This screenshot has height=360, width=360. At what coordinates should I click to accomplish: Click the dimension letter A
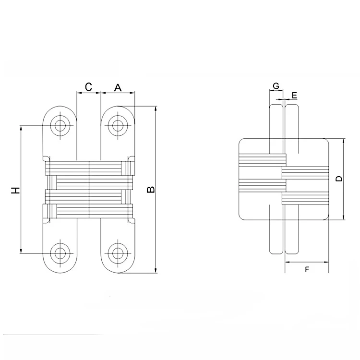click(x=118, y=87)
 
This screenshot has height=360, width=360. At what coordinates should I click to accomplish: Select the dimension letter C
click(x=88, y=87)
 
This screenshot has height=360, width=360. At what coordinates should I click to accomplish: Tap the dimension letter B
click(x=151, y=190)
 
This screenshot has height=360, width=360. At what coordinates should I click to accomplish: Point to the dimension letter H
click(x=16, y=190)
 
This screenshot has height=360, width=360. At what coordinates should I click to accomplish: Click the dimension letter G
click(x=276, y=86)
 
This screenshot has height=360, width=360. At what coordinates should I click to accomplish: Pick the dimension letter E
click(x=294, y=95)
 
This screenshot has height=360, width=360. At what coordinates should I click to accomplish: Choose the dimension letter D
click(x=339, y=179)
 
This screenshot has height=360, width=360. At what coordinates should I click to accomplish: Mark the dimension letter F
click(x=307, y=269)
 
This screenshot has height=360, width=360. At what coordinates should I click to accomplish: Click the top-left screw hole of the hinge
click(x=60, y=125)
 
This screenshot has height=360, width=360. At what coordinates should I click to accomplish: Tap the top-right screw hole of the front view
click(x=118, y=125)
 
